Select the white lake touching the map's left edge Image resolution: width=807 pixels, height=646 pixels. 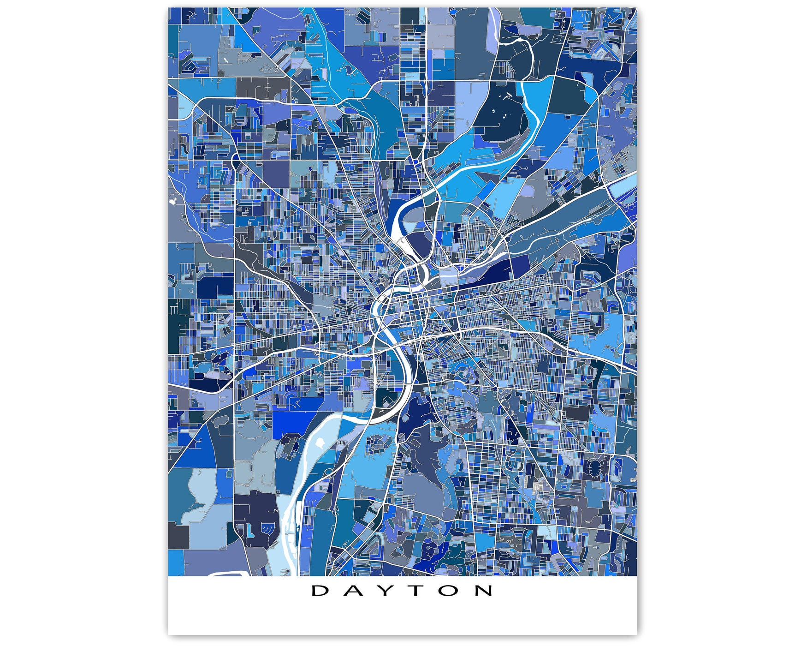tap(173, 201)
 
